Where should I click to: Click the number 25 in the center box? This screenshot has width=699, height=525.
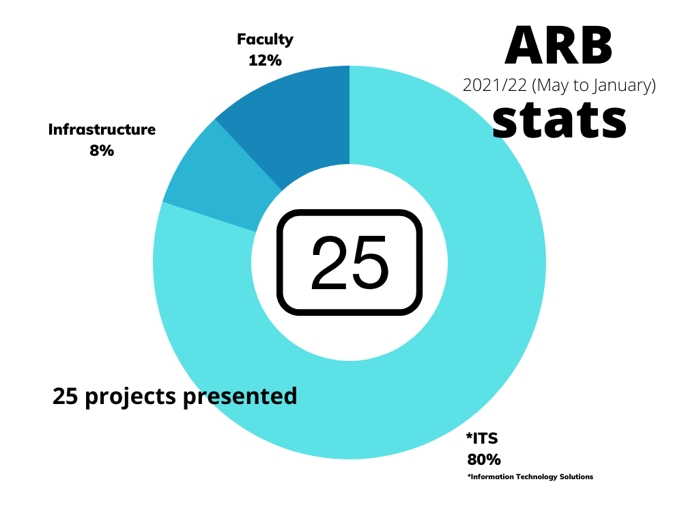click(x=349, y=263)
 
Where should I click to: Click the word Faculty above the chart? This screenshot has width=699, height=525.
click(x=265, y=39)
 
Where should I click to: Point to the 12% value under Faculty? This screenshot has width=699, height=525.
click(x=265, y=60)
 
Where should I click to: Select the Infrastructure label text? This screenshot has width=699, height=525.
click(x=102, y=129)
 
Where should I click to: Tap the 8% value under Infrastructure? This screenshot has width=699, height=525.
click(x=102, y=150)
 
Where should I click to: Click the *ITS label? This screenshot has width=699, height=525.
click(x=482, y=438)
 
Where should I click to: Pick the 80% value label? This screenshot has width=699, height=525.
click(x=483, y=459)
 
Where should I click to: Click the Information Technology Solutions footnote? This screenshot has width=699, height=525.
click(x=530, y=476)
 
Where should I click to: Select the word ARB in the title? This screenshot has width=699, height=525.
click(x=558, y=45)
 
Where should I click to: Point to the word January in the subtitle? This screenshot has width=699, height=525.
click(x=623, y=85)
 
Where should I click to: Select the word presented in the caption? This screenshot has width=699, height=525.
click(x=240, y=396)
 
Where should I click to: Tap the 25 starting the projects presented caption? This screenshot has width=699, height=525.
click(x=64, y=396)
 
